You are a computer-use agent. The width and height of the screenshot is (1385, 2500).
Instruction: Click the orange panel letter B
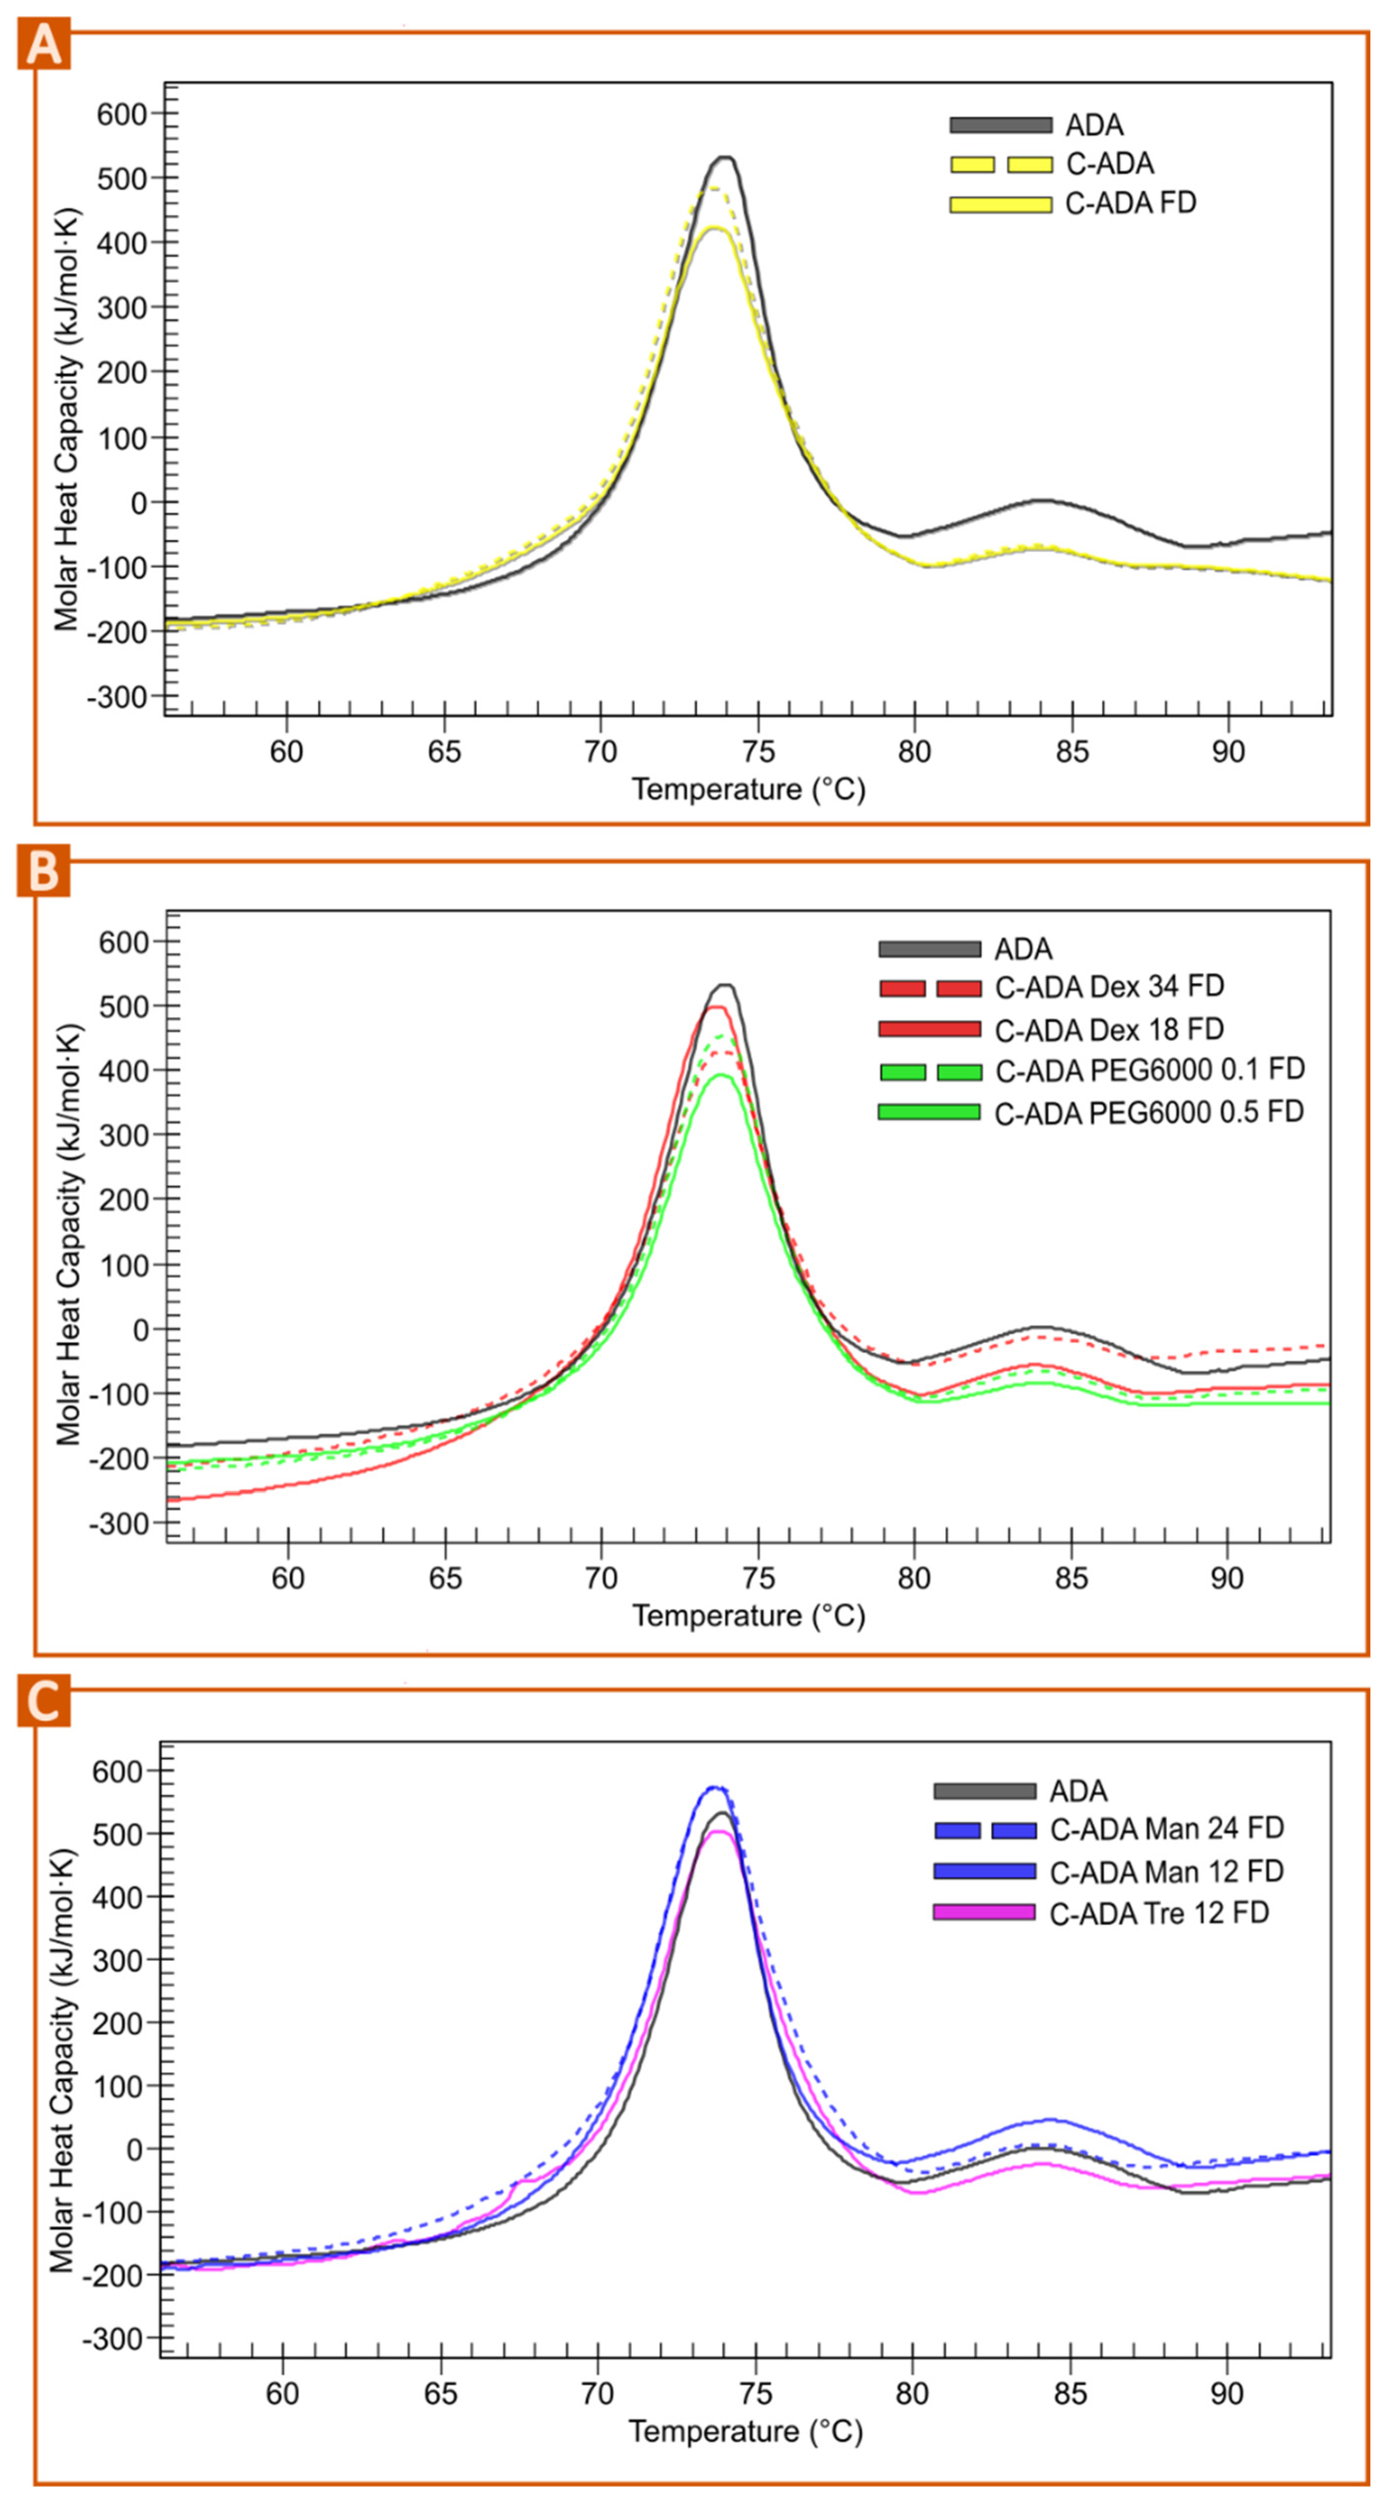click(43, 873)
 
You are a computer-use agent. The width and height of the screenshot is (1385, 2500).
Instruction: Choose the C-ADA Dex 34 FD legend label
click(1109, 987)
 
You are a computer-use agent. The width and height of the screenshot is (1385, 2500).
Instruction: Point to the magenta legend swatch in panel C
click(983, 1913)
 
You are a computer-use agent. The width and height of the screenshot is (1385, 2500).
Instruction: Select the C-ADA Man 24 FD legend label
click(1167, 1828)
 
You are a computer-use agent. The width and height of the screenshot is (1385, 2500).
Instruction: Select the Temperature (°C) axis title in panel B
click(748, 1616)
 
